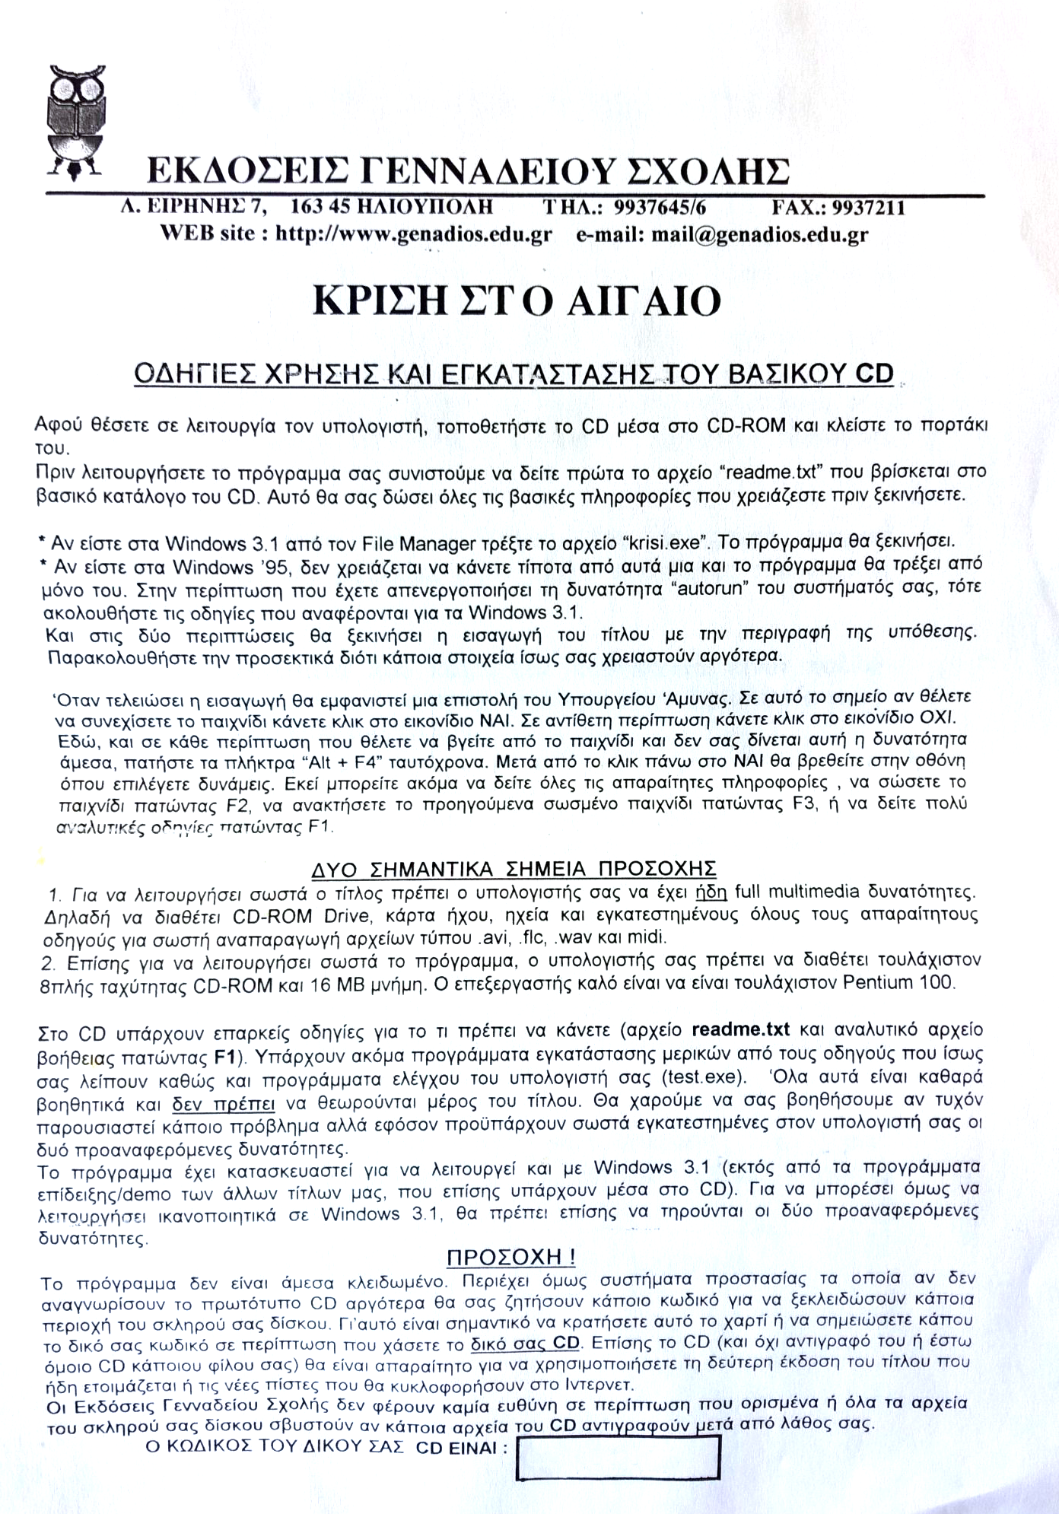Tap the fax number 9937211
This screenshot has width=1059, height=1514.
click(868, 208)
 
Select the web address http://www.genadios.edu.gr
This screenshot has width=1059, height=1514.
click(413, 234)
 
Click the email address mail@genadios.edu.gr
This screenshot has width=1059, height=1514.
click(759, 234)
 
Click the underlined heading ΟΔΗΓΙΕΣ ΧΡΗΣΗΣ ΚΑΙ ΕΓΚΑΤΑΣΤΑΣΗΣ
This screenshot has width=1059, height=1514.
click(514, 374)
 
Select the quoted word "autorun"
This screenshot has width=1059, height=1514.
click(769, 588)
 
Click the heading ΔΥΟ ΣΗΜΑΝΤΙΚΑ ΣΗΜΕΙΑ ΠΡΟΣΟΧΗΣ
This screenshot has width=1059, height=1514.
click(514, 869)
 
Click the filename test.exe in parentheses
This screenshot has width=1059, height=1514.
click(701, 1077)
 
